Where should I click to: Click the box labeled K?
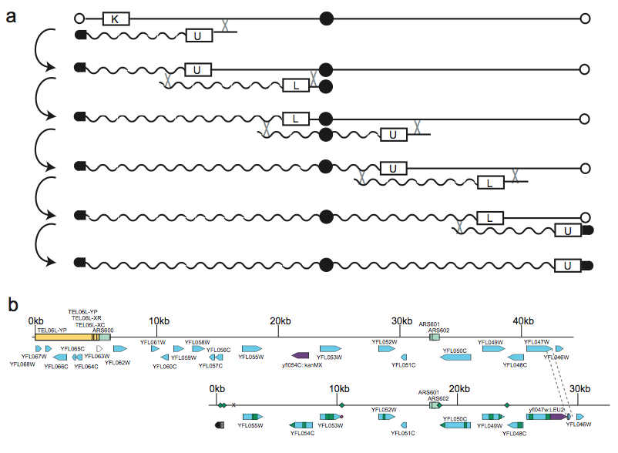coord(115,18)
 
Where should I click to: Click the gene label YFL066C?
coord(56,366)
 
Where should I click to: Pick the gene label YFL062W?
coord(117,362)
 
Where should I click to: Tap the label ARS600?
coord(103,330)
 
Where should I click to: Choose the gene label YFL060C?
coord(164,366)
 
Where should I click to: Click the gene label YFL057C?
coord(210,366)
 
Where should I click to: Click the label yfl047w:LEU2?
coord(547,409)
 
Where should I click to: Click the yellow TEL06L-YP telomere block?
coord(62,337)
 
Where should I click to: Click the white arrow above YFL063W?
coord(99,349)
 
